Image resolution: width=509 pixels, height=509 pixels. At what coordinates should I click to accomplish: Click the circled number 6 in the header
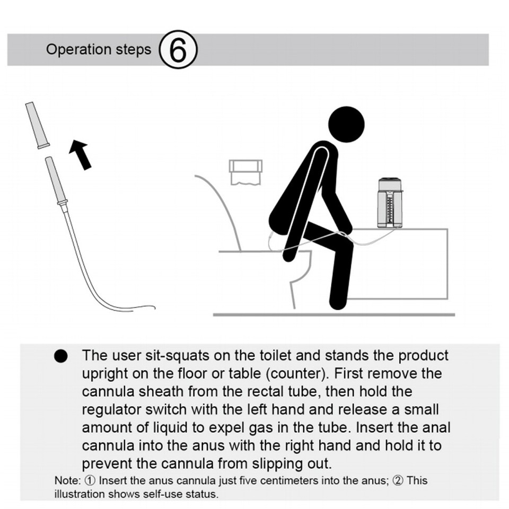click(x=178, y=50)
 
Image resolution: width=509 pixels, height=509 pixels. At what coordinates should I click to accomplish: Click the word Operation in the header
click(x=78, y=49)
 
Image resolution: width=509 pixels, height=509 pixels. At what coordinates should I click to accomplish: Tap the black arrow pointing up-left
click(x=80, y=154)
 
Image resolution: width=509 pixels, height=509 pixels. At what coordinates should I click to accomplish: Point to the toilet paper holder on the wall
click(x=245, y=171)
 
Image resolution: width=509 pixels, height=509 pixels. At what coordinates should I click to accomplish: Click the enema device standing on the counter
click(x=390, y=203)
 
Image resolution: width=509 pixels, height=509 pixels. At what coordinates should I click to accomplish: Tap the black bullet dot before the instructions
click(x=62, y=357)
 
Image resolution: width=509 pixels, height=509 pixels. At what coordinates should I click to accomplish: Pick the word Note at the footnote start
click(x=66, y=481)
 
